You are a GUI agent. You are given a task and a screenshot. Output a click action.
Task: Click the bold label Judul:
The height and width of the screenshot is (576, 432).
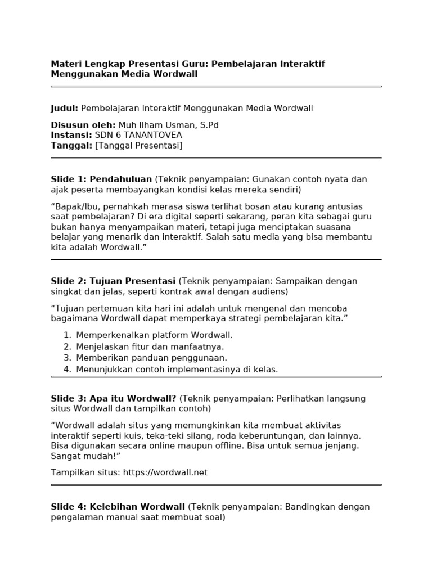65,109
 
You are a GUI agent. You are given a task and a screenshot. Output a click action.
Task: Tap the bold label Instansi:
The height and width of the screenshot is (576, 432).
71,135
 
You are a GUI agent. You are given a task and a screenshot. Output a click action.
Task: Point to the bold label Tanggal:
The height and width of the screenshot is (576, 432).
71,146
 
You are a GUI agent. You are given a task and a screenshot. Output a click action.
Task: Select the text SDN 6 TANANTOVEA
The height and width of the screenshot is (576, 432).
138,135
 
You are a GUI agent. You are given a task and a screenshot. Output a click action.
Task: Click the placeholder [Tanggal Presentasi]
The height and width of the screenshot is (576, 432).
139,146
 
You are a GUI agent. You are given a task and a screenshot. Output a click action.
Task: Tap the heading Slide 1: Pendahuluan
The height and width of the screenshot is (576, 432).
101,179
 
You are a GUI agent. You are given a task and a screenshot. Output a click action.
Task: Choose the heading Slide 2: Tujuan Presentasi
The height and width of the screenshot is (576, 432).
113,281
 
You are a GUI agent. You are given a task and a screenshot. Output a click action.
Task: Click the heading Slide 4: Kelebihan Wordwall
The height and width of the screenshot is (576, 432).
118,507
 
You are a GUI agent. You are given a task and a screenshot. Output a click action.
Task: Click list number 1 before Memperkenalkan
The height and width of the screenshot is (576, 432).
67,335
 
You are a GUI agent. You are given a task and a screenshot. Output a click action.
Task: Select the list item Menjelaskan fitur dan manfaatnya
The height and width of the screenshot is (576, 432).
150,346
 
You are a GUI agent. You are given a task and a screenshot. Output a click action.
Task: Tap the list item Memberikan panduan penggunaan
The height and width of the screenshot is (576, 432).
152,358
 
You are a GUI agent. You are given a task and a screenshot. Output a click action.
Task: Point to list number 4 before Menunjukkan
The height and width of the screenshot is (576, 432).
67,370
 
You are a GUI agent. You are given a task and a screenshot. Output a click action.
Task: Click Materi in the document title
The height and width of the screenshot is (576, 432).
66,64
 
